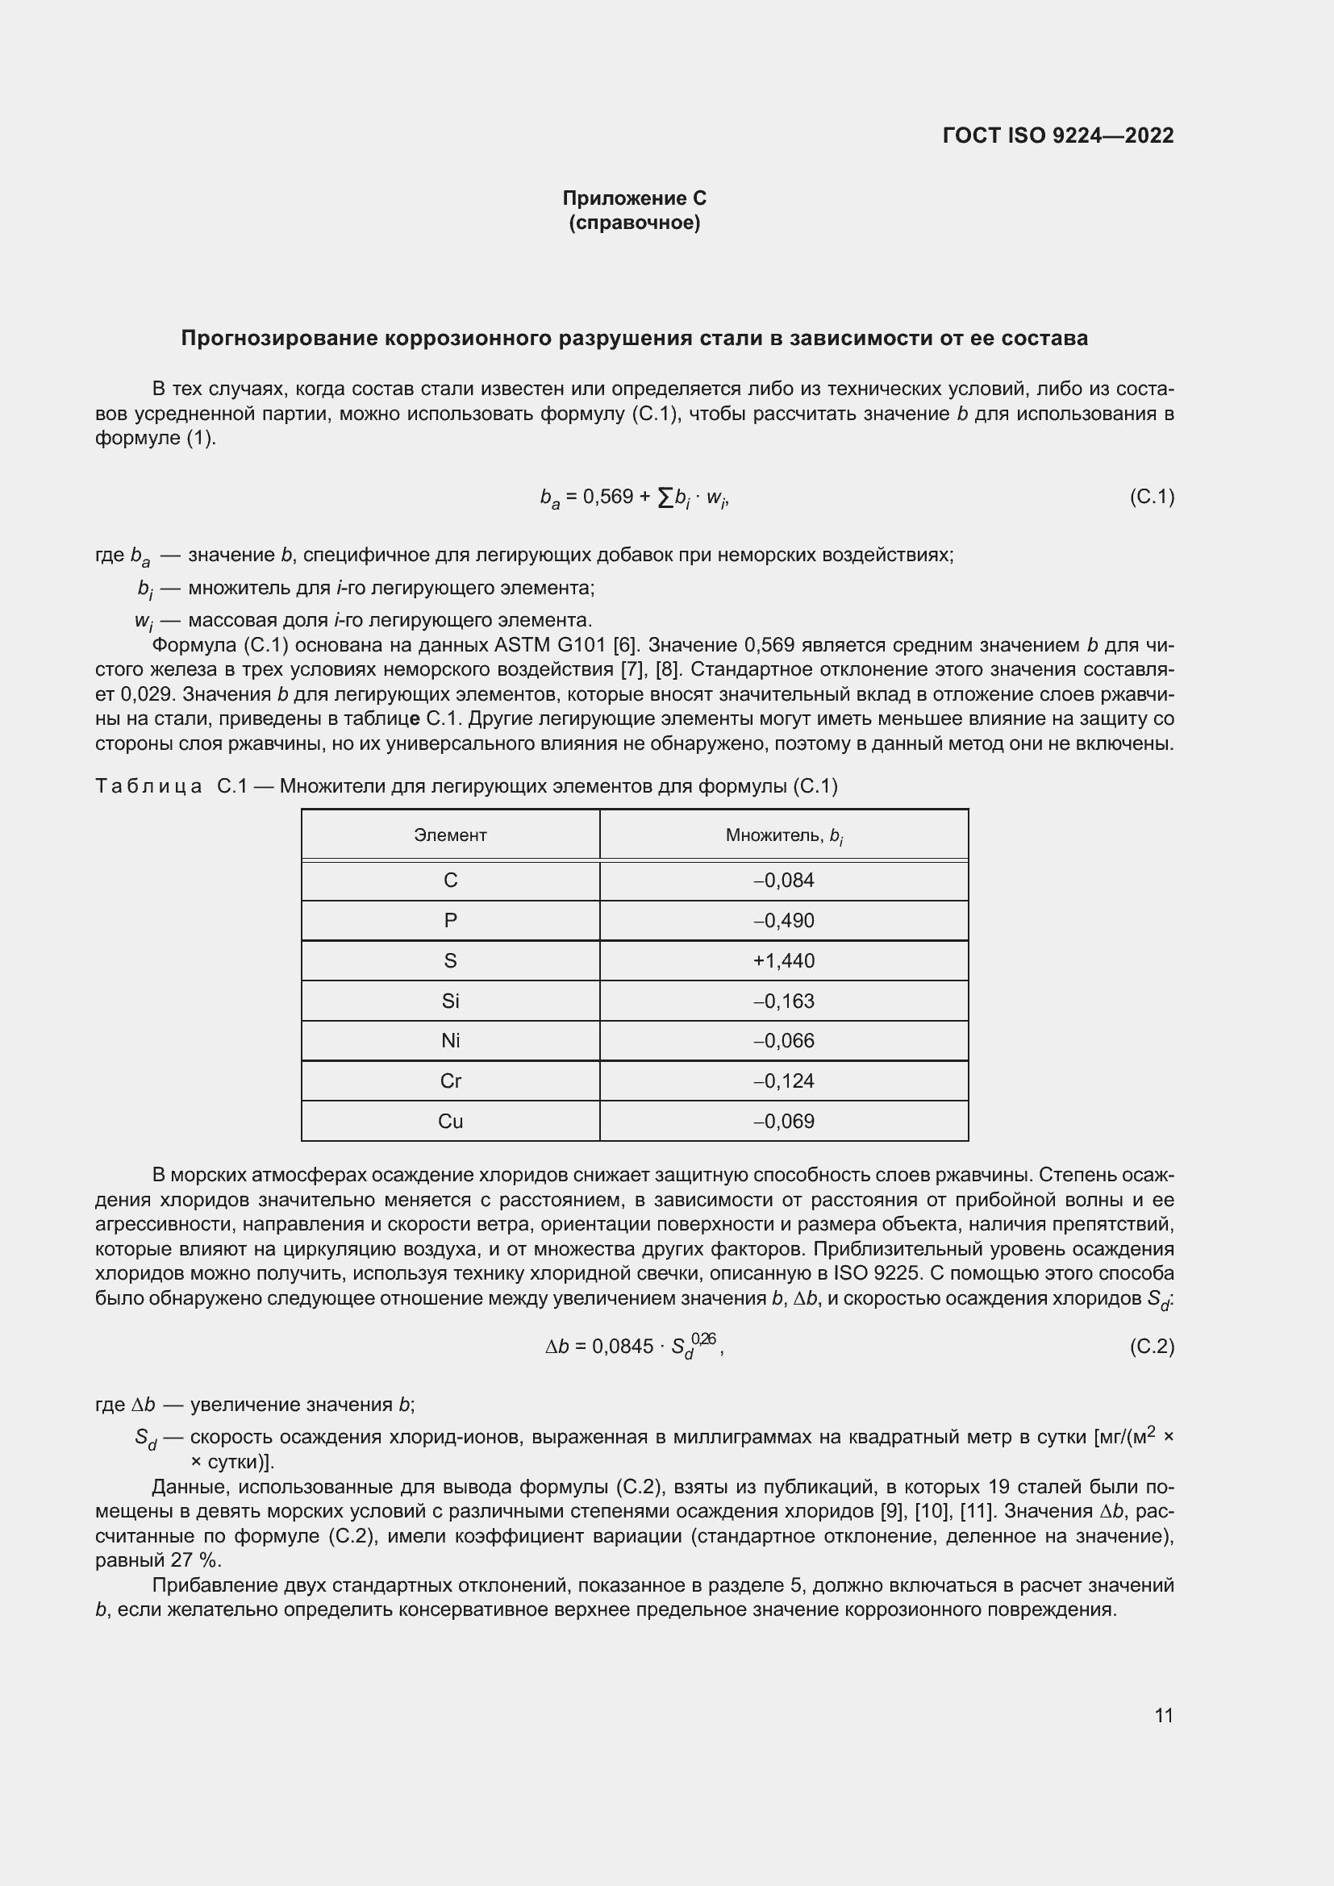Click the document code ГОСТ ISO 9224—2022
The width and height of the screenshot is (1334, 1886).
click(x=1057, y=135)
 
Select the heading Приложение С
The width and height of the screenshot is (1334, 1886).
click(x=634, y=198)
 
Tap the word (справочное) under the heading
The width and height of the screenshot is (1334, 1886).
click(x=634, y=223)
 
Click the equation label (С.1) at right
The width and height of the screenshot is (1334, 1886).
click(x=1152, y=496)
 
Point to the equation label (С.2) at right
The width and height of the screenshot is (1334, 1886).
click(x=1152, y=1347)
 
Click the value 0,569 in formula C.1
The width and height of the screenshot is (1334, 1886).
click(x=608, y=496)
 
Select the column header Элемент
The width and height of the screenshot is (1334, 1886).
click(x=450, y=835)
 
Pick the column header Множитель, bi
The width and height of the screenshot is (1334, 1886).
click(x=784, y=836)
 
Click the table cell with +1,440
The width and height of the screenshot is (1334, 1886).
click(x=784, y=960)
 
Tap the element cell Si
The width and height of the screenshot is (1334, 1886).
click(x=450, y=1001)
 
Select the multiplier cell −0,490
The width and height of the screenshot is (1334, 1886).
click(x=784, y=920)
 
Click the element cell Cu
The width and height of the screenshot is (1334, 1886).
click(x=450, y=1122)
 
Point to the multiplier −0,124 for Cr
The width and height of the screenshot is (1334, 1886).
click(x=784, y=1081)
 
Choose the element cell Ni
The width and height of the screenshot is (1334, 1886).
click(x=450, y=1041)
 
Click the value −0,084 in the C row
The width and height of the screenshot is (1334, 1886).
click(x=784, y=881)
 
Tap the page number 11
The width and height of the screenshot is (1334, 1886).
click(x=1163, y=1715)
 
